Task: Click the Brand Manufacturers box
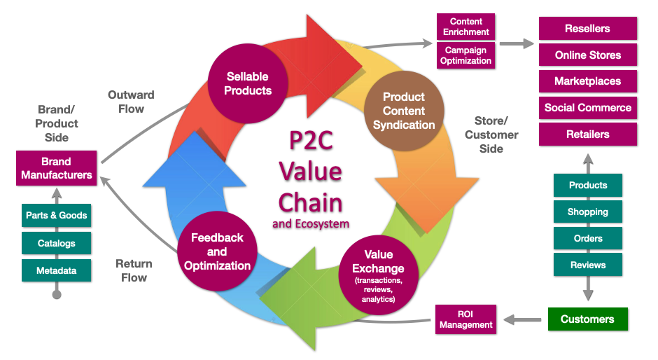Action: tap(57, 168)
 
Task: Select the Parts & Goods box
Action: tap(57, 216)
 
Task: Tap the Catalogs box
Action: tap(57, 243)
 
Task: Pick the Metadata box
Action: tap(57, 270)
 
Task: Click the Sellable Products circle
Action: tap(248, 83)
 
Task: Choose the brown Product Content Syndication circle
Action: tap(404, 111)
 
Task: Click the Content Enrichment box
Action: tap(466, 27)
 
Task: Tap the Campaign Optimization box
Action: tap(466, 56)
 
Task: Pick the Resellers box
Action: tap(588, 29)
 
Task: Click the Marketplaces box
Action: tap(588, 81)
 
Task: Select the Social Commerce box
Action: tap(588, 108)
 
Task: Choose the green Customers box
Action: tap(588, 319)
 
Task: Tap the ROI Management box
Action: tap(466, 319)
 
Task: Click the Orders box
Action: tap(588, 238)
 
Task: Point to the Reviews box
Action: tap(588, 265)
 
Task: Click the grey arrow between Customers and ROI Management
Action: tap(522, 320)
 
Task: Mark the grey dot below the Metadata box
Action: tap(57, 295)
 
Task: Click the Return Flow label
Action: tap(133, 271)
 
